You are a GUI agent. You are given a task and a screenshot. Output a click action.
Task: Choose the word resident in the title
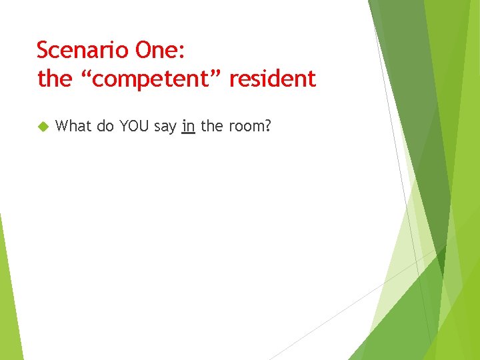273,79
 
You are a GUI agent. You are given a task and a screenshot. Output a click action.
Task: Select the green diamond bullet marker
43,126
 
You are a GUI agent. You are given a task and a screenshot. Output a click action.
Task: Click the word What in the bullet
74,125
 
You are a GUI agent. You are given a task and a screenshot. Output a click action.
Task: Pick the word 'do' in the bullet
105,125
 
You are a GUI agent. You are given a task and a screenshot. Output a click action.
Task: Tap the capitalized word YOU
135,125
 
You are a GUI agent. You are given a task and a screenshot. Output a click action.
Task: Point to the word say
165,127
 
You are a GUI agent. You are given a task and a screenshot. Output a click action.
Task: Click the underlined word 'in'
188,125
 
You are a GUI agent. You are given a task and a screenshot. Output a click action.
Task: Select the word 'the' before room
211,125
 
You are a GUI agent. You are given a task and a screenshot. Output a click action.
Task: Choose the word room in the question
246,126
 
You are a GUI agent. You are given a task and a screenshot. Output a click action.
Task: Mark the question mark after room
267,125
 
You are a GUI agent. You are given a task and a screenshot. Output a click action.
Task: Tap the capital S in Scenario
43,50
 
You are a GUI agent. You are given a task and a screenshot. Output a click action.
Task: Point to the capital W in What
63,125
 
